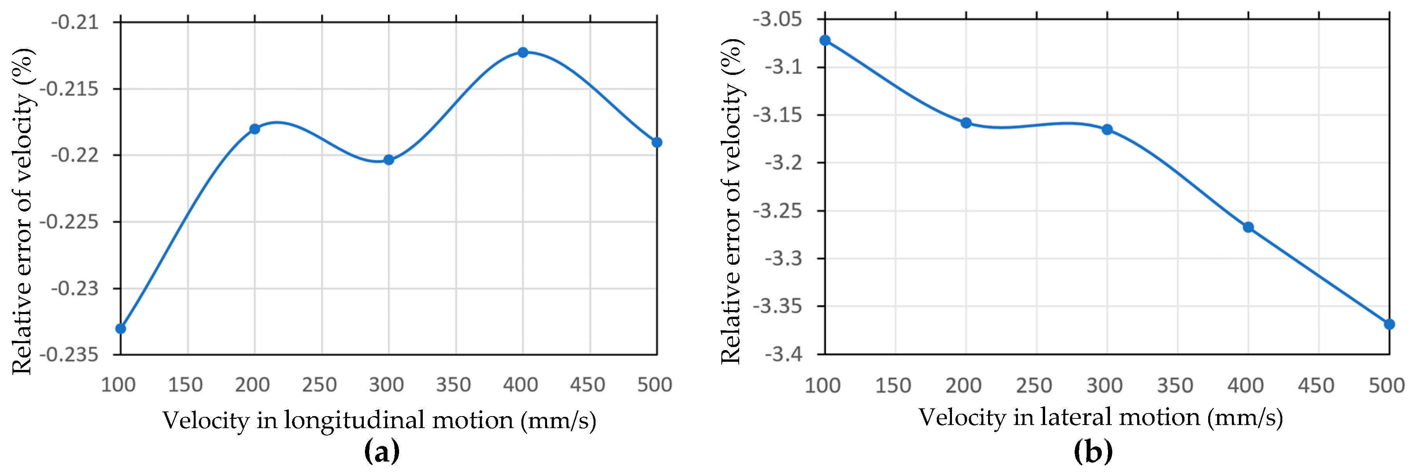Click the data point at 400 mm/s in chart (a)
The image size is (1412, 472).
click(x=523, y=53)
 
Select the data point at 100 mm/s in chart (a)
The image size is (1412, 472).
click(x=121, y=328)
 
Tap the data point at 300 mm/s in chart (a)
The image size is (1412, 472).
click(x=389, y=160)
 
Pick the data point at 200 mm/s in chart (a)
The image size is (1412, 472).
click(x=254, y=129)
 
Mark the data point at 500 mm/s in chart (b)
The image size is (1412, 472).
click(x=1389, y=324)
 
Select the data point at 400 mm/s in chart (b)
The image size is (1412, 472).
click(x=1248, y=227)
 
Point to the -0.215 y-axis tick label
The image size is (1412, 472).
click(x=69, y=89)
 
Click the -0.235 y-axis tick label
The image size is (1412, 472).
click(x=69, y=355)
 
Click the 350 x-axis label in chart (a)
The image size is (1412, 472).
click(x=453, y=385)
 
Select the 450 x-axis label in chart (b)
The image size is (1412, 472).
click(x=1316, y=385)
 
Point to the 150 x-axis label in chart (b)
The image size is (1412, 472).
click(x=893, y=385)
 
